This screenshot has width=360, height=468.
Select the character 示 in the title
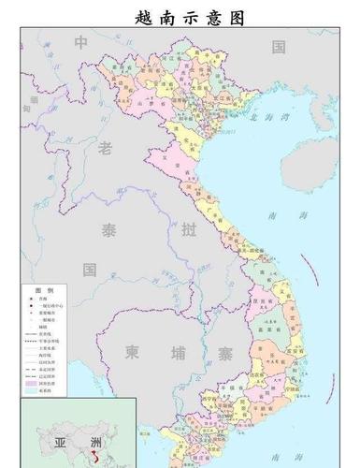194,19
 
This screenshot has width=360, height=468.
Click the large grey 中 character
82,43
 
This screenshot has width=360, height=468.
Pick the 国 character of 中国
278,46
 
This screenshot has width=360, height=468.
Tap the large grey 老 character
105,147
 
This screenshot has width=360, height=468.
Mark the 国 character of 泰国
90,270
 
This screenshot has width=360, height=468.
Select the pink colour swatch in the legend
31,383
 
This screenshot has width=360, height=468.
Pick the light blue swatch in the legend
31,391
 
